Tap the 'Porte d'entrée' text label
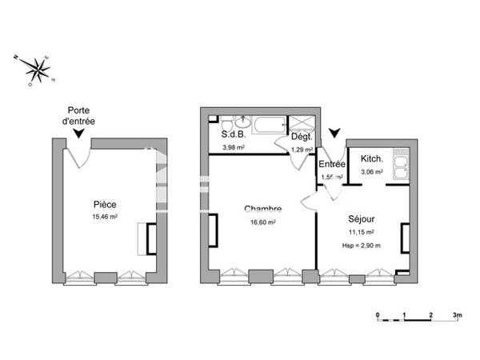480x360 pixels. tap(81, 115)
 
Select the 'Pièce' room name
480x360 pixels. tap(105, 204)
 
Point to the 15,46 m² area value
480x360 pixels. tap(105, 216)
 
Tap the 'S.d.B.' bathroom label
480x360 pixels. tap(233, 136)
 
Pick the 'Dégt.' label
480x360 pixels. tap(301, 138)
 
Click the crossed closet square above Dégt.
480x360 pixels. tap(302, 122)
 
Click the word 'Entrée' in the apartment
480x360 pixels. tap(332, 164)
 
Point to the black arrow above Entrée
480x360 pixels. tap(334, 133)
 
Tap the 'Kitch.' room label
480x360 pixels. tap(372, 158)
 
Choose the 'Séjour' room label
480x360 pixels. tap(362, 218)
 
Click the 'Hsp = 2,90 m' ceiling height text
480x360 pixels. tap(362, 245)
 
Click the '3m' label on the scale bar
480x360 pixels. tap(457, 316)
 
